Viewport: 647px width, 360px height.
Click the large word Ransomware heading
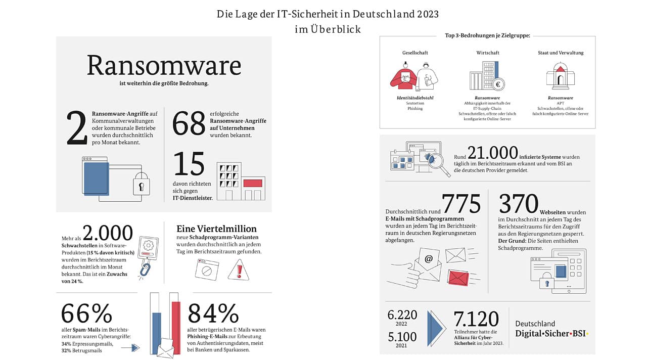point(164,66)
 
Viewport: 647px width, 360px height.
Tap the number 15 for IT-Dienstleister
point(189,164)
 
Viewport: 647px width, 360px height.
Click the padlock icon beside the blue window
point(141,184)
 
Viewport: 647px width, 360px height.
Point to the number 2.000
point(107,233)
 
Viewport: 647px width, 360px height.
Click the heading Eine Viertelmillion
point(216,229)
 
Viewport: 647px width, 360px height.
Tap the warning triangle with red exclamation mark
point(238,270)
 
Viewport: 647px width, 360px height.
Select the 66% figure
point(86,314)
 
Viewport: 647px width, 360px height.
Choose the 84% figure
point(213,314)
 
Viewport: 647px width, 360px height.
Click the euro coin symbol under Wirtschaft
point(497,84)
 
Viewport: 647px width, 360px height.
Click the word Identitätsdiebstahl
point(415,98)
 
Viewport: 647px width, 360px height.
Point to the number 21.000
point(492,153)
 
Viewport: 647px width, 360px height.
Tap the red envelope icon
point(458,278)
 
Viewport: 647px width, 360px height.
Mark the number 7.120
point(476,319)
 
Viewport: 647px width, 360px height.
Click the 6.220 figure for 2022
point(402,315)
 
